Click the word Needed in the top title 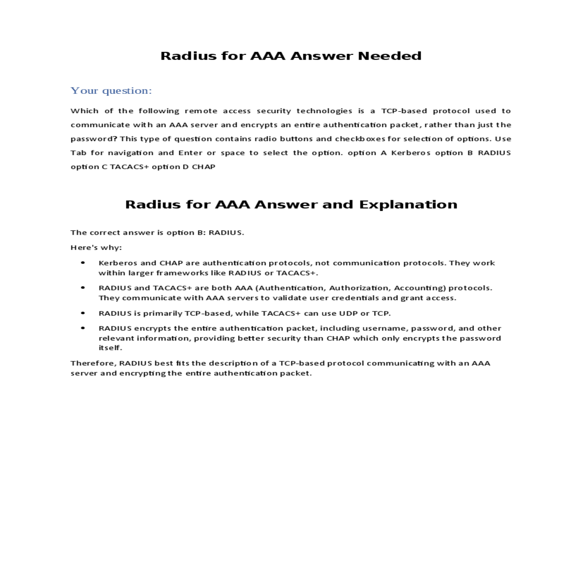(x=389, y=56)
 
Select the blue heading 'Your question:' (x=111, y=91)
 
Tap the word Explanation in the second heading (x=408, y=205)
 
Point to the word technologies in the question (x=324, y=111)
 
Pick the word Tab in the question (x=78, y=153)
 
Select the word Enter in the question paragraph (x=190, y=153)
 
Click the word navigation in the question (x=131, y=153)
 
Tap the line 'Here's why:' (x=96, y=247)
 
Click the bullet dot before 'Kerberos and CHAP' (x=83, y=263)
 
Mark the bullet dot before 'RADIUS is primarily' (x=83, y=313)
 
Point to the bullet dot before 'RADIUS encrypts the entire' (x=83, y=328)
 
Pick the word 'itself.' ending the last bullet (x=110, y=348)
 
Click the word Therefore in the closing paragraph (x=93, y=363)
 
